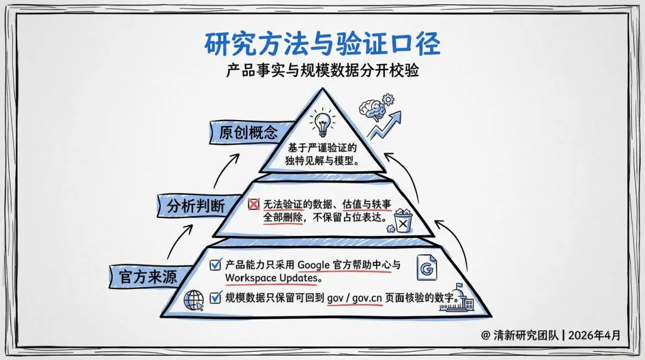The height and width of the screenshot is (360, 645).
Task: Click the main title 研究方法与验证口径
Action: pyautogui.click(x=322, y=45)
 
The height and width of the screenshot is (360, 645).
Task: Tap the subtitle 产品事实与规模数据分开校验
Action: pyautogui.click(x=322, y=71)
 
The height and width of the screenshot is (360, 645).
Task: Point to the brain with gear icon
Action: pyautogui.click(x=374, y=107)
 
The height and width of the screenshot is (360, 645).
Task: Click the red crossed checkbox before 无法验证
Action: pyautogui.click(x=254, y=205)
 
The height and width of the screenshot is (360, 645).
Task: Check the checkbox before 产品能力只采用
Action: pyautogui.click(x=216, y=264)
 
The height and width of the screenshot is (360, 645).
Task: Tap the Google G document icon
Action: pyautogui.click(x=426, y=270)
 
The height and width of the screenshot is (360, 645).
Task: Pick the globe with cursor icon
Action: pyautogui.click(x=194, y=300)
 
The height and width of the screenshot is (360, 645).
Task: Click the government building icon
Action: pyautogui.click(x=457, y=298)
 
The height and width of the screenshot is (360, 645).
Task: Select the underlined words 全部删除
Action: pyautogui.click(x=284, y=218)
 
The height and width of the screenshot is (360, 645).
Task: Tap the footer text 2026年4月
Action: pyautogui.click(x=595, y=335)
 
